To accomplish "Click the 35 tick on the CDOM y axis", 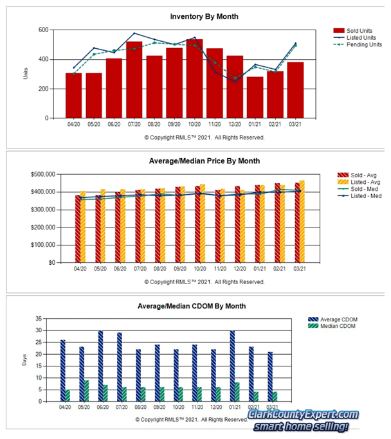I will (41, 318).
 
